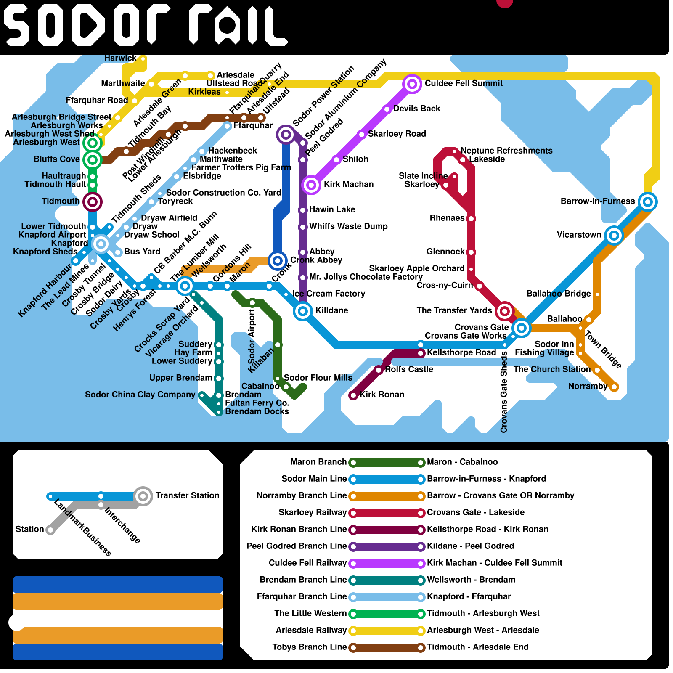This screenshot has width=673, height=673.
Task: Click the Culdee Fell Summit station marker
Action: click(x=412, y=84)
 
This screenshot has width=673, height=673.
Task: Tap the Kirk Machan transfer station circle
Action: click(x=311, y=185)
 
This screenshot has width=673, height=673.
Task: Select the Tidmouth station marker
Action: click(x=93, y=202)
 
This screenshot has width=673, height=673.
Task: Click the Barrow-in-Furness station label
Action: click(x=598, y=201)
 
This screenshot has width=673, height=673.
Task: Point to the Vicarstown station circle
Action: click(x=614, y=236)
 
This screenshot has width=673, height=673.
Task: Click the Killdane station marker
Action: click(x=303, y=311)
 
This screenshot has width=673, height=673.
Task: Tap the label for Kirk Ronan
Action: click(x=382, y=395)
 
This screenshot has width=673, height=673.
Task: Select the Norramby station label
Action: click(x=588, y=386)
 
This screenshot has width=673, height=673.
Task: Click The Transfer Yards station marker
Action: click(x=504, y=311)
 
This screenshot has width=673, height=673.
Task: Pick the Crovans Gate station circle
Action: click(x=522, y=328)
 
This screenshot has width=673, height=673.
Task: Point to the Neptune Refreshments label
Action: click(x=506, y=151)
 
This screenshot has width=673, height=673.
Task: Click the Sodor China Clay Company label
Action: click(x=140, y=395)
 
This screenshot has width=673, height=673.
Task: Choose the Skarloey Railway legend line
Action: click(x=387, y=513)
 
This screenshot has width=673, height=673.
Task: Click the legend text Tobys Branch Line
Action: click(x=310, y=647)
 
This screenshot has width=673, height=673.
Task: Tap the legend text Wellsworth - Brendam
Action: click(x=471, y=580)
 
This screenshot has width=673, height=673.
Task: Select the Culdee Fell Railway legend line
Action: click(x=387, y=563)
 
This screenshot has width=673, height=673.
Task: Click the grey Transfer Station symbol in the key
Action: click(x=143, y=496)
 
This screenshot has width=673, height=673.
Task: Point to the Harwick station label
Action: click(x=120, y=58)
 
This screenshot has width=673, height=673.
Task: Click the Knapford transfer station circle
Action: click(x=101, y=244)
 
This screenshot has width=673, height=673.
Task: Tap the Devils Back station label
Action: click(x=416, y=109)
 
